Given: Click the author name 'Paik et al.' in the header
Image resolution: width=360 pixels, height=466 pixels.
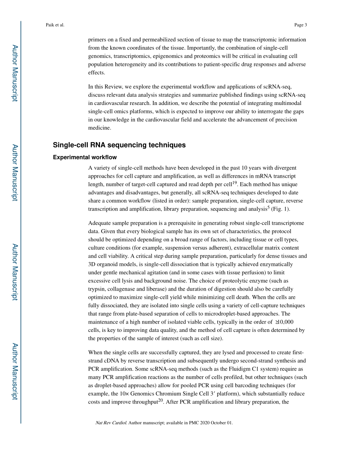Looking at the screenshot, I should coord(55,25).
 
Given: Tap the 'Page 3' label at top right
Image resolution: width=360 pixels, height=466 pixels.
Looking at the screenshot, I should coord(300,25).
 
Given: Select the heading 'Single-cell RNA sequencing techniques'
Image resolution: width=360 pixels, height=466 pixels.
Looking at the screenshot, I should coord(119,145).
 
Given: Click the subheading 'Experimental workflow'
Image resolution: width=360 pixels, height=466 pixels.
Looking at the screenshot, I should coord(85,157).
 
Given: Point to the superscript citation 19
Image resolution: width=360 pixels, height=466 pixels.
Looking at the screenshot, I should coord(235,183).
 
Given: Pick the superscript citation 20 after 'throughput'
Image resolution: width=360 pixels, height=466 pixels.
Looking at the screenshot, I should coord(160,400).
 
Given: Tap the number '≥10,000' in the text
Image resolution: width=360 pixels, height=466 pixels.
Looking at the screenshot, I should coord(283,322).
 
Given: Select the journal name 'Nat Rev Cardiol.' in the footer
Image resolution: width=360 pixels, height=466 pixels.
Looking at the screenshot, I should coord(111,422).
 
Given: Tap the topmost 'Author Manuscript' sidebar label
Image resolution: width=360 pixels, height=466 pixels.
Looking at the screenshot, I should coord(14,73).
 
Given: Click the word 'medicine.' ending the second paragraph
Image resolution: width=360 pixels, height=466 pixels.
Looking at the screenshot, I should coord(99,128).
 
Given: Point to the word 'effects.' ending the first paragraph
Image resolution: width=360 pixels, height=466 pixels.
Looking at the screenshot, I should coord(97,73).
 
